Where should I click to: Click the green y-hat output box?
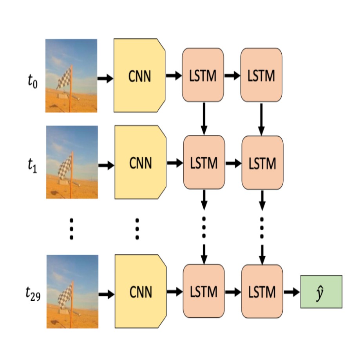[x=321, y=291]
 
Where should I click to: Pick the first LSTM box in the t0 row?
[x=203, y=75]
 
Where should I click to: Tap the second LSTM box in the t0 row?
[x=261, y=75]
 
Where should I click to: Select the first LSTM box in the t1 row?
[x=203, y=162]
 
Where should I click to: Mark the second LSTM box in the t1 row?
[x=262, y=162]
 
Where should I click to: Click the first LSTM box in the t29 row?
[x=203, y=291]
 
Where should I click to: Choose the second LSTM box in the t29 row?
[x=262, y=291]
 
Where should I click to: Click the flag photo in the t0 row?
[x=71, y=76]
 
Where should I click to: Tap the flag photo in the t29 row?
[x=72, y=291]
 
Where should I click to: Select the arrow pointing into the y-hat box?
[x=291, y=292]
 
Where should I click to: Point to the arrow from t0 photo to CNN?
[x=105, y=79]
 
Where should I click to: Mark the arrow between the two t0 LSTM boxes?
[x=232, y=76]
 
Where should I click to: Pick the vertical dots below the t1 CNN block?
[x=137, y=228]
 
